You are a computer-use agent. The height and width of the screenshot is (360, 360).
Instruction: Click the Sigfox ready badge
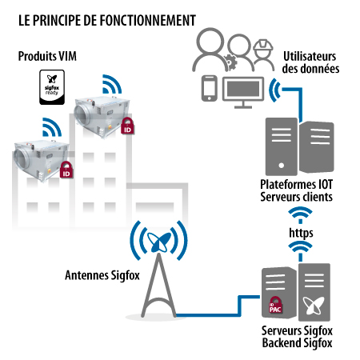[52, 87]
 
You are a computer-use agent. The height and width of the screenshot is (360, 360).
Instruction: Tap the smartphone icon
[209, 88]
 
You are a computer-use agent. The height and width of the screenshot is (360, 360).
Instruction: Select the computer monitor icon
[243, 92]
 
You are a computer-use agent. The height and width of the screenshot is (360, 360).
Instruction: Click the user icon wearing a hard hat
[263, 55]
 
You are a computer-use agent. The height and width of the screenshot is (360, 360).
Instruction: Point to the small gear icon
[230, 62]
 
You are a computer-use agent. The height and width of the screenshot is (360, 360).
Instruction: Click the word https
[301, 233]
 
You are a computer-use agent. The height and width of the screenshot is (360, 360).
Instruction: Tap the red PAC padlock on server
[275, 306]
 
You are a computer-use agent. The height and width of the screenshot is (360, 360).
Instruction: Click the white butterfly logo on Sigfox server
[314, 305]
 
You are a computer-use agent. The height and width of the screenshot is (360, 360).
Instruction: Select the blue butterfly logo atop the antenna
[158, 242]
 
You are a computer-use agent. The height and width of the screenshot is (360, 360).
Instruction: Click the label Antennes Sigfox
[102, 275]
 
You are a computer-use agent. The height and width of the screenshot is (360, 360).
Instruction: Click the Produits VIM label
[47, 56]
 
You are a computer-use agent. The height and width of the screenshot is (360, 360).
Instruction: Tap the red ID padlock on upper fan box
[128, 126]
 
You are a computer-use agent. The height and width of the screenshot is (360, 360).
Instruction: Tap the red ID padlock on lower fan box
[66, 170]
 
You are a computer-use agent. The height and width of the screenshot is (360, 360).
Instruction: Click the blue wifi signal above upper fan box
[112, 84]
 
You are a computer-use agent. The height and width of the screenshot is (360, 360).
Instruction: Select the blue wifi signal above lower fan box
[52, 127]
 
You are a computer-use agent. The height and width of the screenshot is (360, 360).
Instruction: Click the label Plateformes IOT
[297, 184]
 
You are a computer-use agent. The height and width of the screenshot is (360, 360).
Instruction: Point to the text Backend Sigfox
[298, 343]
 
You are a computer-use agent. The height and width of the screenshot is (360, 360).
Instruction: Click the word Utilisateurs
[310, 56]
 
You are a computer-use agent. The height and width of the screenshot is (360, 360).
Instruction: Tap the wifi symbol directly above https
[300, 215]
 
